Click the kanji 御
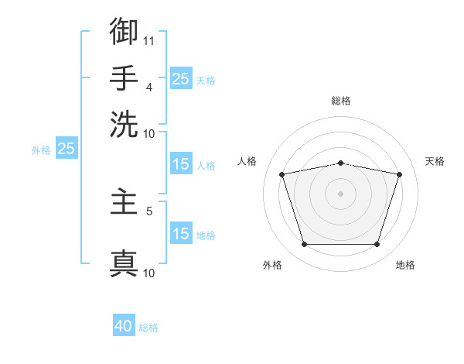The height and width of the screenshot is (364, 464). point(124,31)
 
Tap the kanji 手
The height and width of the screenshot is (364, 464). point(124,77)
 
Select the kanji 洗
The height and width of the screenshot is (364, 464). point(124,124)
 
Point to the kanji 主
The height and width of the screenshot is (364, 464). point(124,201)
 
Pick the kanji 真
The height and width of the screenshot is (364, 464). point(124,263)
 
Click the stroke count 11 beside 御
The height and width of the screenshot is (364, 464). point(148,41)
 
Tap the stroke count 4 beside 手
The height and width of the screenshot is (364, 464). point(149,88)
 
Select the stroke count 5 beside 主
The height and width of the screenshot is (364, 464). point(149,211)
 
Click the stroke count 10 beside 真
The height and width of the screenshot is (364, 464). point(148,273)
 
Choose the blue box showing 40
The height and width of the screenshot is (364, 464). point(124,325)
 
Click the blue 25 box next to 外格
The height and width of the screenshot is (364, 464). point(67,148)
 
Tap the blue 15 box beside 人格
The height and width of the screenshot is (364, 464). point(181,163)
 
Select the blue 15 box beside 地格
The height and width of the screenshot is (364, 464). point(181,232)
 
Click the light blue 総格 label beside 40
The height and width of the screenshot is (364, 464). point(148,328)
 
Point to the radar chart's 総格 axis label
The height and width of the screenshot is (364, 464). point(341,101)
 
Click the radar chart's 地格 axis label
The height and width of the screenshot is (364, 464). point(405,265)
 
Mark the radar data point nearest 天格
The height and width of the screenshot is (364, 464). point(400,174)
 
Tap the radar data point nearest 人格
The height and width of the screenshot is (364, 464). point(282,174)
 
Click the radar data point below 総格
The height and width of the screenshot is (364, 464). point(340,163)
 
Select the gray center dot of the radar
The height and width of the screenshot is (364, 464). point(340,194)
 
